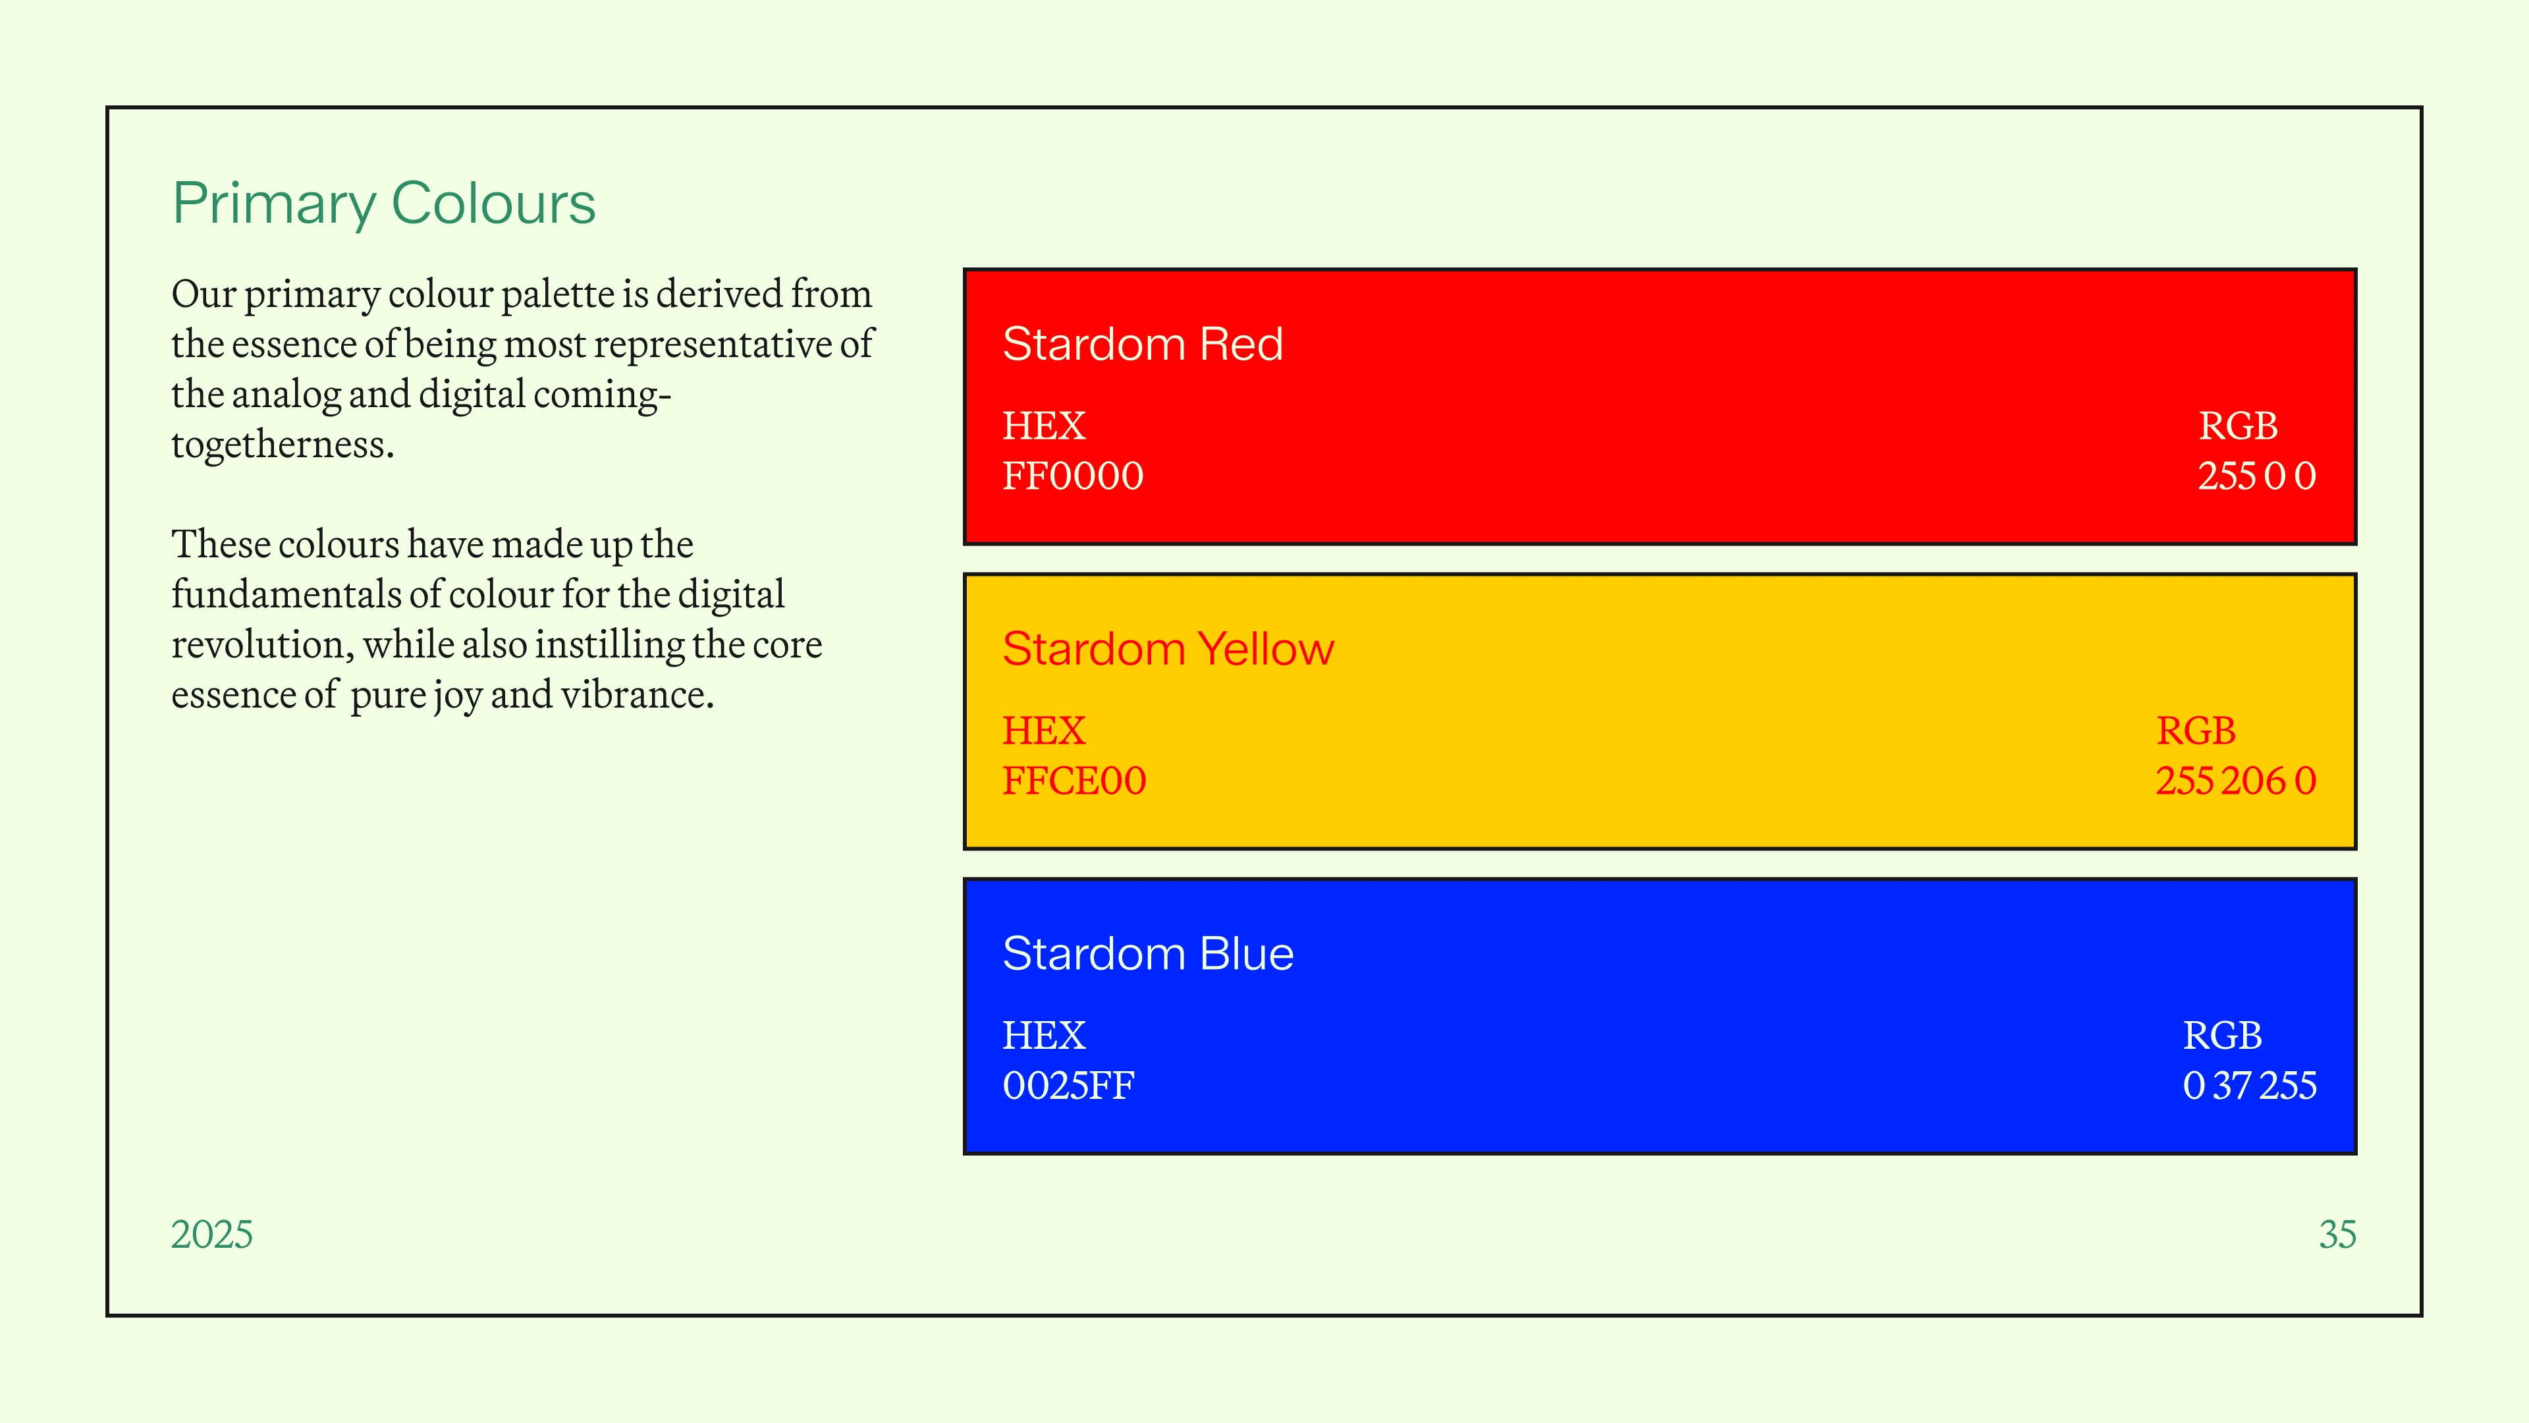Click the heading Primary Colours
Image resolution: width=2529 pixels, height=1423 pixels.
click(384, 204)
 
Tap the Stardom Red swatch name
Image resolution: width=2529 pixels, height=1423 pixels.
click(1143, 344)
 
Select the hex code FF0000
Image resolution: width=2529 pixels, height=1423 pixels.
click(1073, 476)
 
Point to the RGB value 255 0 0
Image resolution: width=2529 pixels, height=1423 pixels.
click(2257, 476)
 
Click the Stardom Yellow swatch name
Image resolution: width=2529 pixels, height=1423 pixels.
click(1168, 649)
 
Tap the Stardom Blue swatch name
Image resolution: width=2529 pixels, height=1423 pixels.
click(1148, 953)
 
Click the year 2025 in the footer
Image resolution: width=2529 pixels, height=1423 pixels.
click(212, 1235)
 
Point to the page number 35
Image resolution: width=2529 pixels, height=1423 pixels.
click(2337, 1235)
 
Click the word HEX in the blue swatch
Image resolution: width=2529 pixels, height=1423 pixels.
click(1044, 1036)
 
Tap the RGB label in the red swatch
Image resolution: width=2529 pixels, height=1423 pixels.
click(2239, 426)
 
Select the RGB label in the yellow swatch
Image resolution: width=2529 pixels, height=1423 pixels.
click(2196, 732)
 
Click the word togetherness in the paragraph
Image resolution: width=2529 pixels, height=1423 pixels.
click(283, 445)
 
